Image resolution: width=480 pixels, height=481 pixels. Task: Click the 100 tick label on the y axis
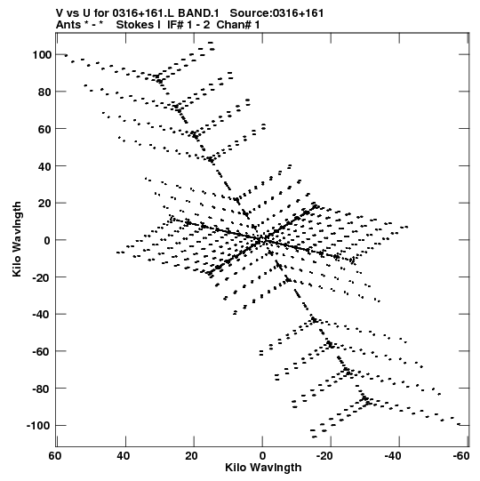(42, 55)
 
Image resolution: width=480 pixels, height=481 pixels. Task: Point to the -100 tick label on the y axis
(38, 426)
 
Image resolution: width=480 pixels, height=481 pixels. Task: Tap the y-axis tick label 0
(47, 240)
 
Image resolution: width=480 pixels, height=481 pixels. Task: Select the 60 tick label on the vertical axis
(44, 129)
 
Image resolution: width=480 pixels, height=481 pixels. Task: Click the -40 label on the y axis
(42, 315)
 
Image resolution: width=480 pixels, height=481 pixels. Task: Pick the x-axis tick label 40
(124, 456)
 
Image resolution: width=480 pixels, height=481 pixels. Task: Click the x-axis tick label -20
(324, 456)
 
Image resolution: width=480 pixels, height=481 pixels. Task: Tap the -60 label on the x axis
(461, 456)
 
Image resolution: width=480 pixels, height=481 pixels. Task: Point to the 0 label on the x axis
(262, 456)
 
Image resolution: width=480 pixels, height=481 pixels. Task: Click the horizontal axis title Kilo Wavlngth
(263, 468)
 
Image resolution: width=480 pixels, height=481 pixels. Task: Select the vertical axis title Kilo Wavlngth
(17, 239)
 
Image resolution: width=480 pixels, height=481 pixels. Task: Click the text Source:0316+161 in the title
(276, 13)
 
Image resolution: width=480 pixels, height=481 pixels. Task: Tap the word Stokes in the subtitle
(138, 25)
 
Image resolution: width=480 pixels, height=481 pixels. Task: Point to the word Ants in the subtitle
(68, 25)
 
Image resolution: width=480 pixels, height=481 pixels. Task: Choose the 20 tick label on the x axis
(192, 456)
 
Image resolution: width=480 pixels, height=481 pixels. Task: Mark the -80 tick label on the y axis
(42, 389)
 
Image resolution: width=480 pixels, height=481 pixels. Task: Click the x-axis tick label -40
(393, 456)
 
